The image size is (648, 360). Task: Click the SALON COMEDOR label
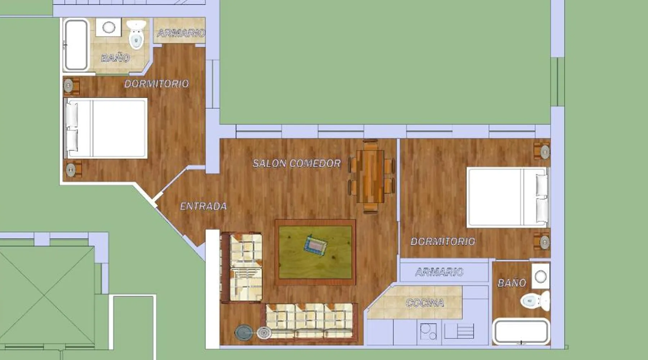point(297,163)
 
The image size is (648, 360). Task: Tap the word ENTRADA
point(203,206)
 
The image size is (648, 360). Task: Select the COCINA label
point(425,303)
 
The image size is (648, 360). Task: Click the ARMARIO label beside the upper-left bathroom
point(181,33)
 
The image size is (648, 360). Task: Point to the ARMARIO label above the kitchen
point(439,272)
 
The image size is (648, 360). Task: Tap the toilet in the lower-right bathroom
point(535,301)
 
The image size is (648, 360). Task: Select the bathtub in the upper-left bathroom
point(76,45)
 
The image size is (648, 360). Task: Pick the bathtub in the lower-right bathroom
point(521,332)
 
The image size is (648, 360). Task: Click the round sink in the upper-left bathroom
point(109,27)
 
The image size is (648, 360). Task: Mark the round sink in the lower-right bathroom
point(541,276)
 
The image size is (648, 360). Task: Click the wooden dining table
point(373,176)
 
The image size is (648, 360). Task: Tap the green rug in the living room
point(315,252)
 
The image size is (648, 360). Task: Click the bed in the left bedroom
point(105,128)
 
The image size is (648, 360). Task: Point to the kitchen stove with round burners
point(428,331)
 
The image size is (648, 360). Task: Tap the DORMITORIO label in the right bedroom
point(443,242)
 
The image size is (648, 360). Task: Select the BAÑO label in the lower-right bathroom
point(512,283)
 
